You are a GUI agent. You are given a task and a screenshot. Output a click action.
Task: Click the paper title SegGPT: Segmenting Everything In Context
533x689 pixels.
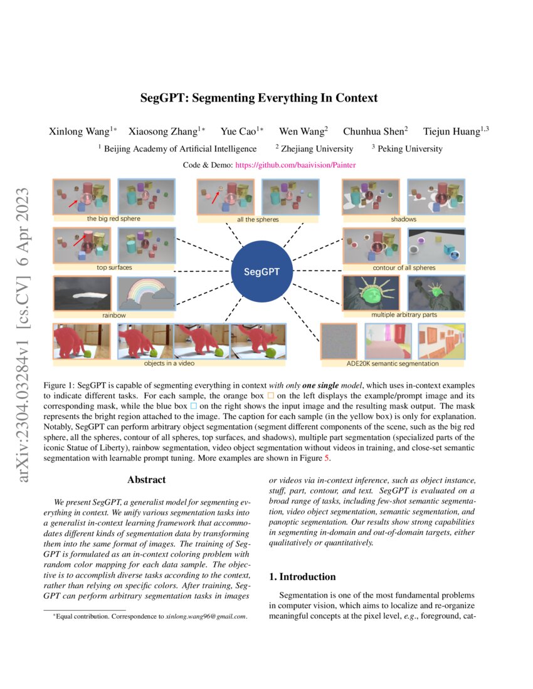[x=259, y=98]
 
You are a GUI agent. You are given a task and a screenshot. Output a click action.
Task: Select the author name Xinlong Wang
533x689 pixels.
[x=80, y=132]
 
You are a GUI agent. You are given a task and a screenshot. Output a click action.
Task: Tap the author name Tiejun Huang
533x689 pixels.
[x=452, y=132]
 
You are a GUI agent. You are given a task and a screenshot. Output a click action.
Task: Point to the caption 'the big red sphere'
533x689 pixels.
[x=113, y=219]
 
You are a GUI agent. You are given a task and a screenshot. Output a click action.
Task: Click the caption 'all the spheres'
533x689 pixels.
[x=258, y=220]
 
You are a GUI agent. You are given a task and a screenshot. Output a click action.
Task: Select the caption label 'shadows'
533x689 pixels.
[x=403, y=219]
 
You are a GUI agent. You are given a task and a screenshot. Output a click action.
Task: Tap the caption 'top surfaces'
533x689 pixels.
[x=113, y=267]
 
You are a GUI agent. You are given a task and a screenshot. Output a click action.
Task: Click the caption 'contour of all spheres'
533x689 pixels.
[x=403, y=267]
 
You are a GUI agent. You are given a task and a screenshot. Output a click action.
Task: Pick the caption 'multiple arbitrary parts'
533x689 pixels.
[x=403, y=315]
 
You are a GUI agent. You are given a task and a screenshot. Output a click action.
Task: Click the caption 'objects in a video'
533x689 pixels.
[x=169, y=363]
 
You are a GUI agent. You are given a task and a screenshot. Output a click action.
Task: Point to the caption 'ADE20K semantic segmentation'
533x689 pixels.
[x=393, y=363]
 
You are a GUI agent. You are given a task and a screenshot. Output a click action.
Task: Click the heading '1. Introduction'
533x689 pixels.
[x=302, y=576]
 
